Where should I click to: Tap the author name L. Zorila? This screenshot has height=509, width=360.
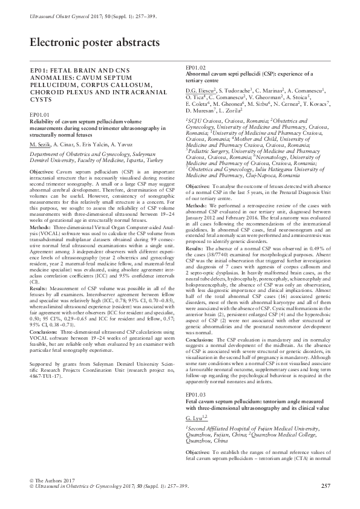point(229,111)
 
